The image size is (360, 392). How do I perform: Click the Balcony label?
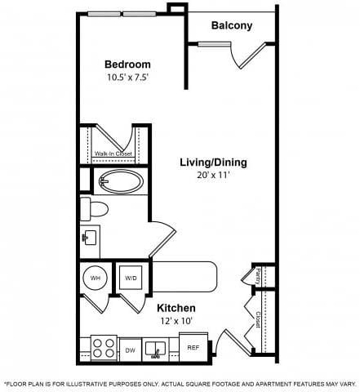[x=232, y=25]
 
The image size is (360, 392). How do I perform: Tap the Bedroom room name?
[x=127, y=65]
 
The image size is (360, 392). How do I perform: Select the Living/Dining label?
[x=213, y=162]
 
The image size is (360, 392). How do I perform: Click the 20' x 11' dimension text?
[x=213, y=175]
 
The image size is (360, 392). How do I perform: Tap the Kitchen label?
[x=176, y=307]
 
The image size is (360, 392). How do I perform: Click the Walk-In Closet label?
[x=113, y=153]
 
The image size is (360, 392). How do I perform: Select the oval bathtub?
[x=120, y=180]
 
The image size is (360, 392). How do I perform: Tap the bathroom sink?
[x=89, y=238]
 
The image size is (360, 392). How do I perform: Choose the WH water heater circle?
[x=96, y=278]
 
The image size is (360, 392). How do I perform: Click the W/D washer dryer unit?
[x=131, y=278]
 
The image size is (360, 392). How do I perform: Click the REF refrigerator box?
[x=193, y=347]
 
